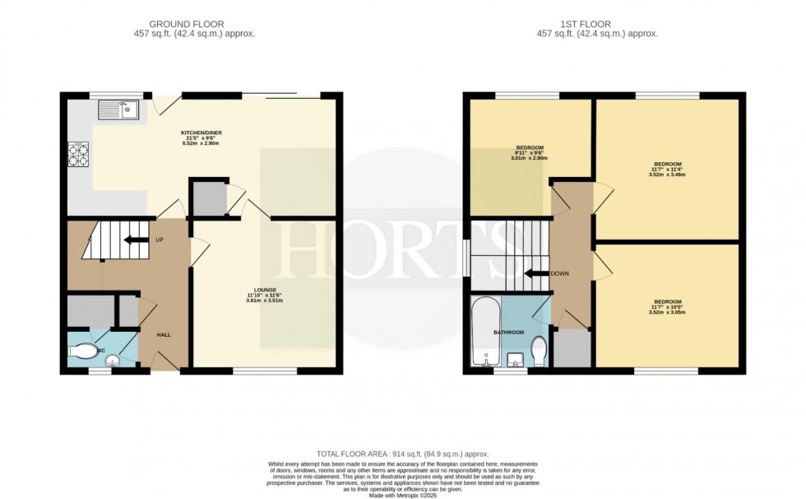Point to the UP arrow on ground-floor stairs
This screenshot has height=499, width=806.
pyautogui.click(x=132, y=240)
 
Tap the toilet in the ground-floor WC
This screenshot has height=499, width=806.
pyautogui.click(x=85, y=352)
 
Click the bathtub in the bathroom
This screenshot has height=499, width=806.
pyautogui.click(x=482, y=333)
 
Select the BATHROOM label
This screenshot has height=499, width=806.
pyautogui.click(x=507, y=332)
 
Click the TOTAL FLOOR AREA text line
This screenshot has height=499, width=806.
pyautogui.click(x=403, y=454)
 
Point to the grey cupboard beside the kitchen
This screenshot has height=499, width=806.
pyautogui.click(x=206, y=198)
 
